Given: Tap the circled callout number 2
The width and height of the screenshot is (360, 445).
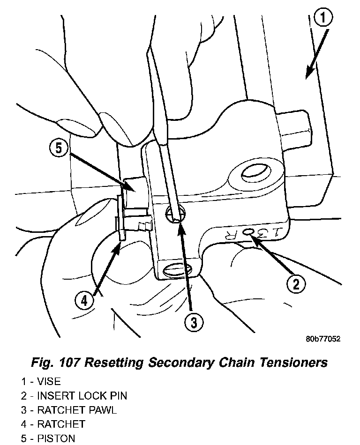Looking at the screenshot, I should [x=296, y=283].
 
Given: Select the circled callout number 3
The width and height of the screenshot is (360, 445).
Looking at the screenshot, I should [x=193, y=322].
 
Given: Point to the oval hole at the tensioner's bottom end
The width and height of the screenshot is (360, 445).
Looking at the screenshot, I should [x=177, y=270].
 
